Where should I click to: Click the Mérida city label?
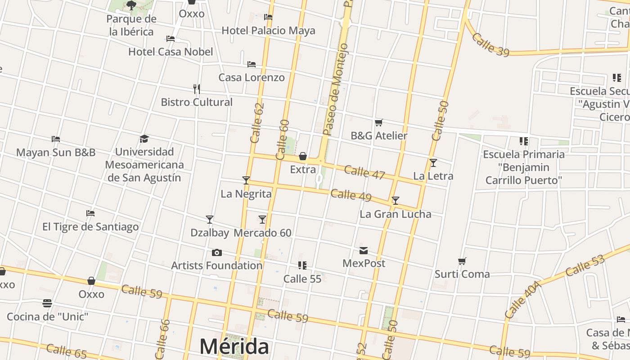234,346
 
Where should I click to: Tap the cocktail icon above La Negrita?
246,180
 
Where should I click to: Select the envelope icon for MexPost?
364,250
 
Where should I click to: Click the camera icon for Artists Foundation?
216,253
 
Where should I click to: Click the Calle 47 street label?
364,172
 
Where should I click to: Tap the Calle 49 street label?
351,195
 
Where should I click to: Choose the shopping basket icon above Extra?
303,156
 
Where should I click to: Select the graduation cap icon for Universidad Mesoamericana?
144,139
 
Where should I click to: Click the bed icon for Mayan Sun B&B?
56,139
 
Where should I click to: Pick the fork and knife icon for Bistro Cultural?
197,89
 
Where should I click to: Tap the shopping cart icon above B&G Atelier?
379,122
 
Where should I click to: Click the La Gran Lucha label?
396,214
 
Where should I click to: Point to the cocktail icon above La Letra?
433,163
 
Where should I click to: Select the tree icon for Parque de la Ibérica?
131,5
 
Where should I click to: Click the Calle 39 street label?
490,45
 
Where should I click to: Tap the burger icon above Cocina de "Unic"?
47,303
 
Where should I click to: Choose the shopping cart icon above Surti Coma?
462,261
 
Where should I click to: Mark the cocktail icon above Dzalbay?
210,220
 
